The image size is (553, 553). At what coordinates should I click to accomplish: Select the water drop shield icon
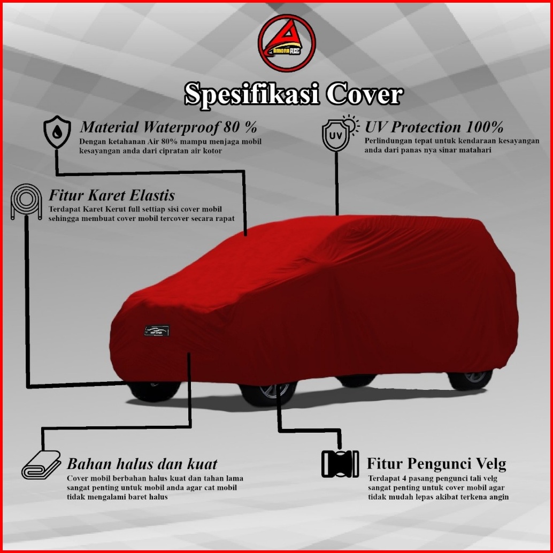(x=56, y=133)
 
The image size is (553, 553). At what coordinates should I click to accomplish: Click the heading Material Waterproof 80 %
(x=168, y=128)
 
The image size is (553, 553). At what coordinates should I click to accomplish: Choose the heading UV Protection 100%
(x=434, y=127)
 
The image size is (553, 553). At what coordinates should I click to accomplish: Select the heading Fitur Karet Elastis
(x=111, y=195)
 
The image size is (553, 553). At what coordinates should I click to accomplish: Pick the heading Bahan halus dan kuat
(x=142, y=463)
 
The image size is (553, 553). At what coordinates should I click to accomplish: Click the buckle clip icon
(x=340, y=464)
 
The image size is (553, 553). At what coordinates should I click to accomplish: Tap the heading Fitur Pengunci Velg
(x=436, y=463)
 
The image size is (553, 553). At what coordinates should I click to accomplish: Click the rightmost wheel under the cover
(x=470, y=379)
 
